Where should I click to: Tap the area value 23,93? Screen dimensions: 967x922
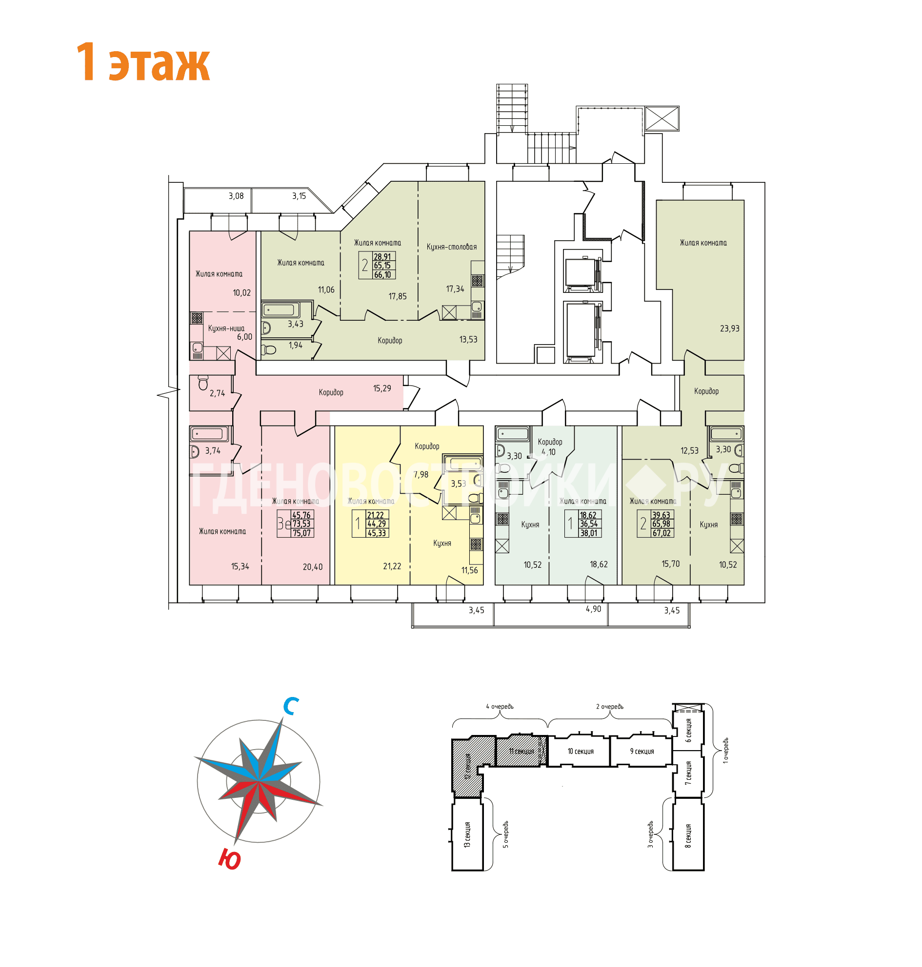[729, 329]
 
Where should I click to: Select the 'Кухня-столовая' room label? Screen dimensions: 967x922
[451, 247]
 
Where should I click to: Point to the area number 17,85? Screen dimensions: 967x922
[397, 296]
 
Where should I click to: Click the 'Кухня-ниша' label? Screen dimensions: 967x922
[226, 328]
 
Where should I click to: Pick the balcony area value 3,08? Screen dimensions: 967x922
[236, 196]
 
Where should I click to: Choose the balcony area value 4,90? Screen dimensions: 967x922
[593, 609]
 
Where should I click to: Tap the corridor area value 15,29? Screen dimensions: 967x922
[382, 388]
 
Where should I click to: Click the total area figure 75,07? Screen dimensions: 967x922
[302, 533]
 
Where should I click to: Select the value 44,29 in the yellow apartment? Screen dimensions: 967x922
[377, 524]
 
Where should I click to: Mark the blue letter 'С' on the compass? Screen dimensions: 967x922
[291, 706]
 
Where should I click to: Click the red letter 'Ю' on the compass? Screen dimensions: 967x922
[229, 859]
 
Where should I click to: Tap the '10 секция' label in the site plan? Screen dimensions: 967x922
[581, 752]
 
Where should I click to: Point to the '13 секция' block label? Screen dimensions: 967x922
[467, 834]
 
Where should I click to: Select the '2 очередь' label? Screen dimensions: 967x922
[609, 707]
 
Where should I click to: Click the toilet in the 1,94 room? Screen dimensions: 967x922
[269, 349]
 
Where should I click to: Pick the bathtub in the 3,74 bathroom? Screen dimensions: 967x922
[209, 434]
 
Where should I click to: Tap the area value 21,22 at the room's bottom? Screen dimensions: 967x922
[392, 566]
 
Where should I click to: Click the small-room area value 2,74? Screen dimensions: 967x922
[217, 393]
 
